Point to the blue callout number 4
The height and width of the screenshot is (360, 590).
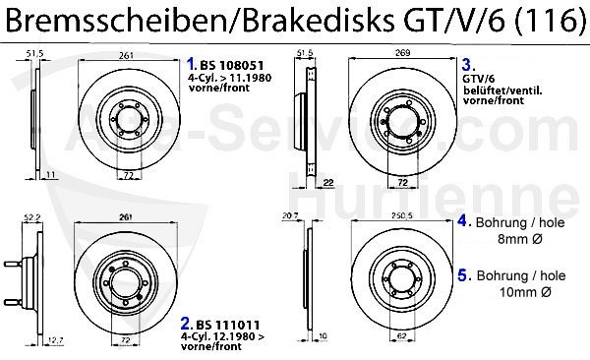point(462,221)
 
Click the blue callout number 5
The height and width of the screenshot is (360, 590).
point(462,274)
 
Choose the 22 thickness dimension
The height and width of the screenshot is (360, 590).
point(328,182)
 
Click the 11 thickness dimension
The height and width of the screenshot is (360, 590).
point(49,174)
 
